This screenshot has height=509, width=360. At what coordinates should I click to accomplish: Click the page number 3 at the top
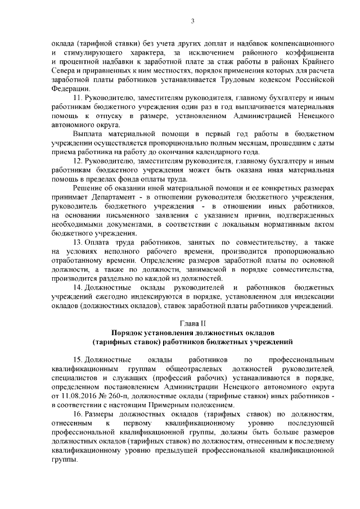pyautogui.click(x=192, y=21)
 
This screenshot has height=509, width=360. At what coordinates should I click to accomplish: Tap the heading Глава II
pyautogui.click(x=192, y=324)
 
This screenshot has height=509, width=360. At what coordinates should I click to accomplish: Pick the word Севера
pyautogui.click(x=62, y=70)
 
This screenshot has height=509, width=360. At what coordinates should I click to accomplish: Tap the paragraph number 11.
pyautogui.click(x=78, y=97)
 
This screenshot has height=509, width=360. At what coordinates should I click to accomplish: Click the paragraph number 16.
pyautogui.click(x=78, y=414)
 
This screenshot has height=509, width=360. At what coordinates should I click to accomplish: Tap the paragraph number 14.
pyautogui.click(x=78, y=288)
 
